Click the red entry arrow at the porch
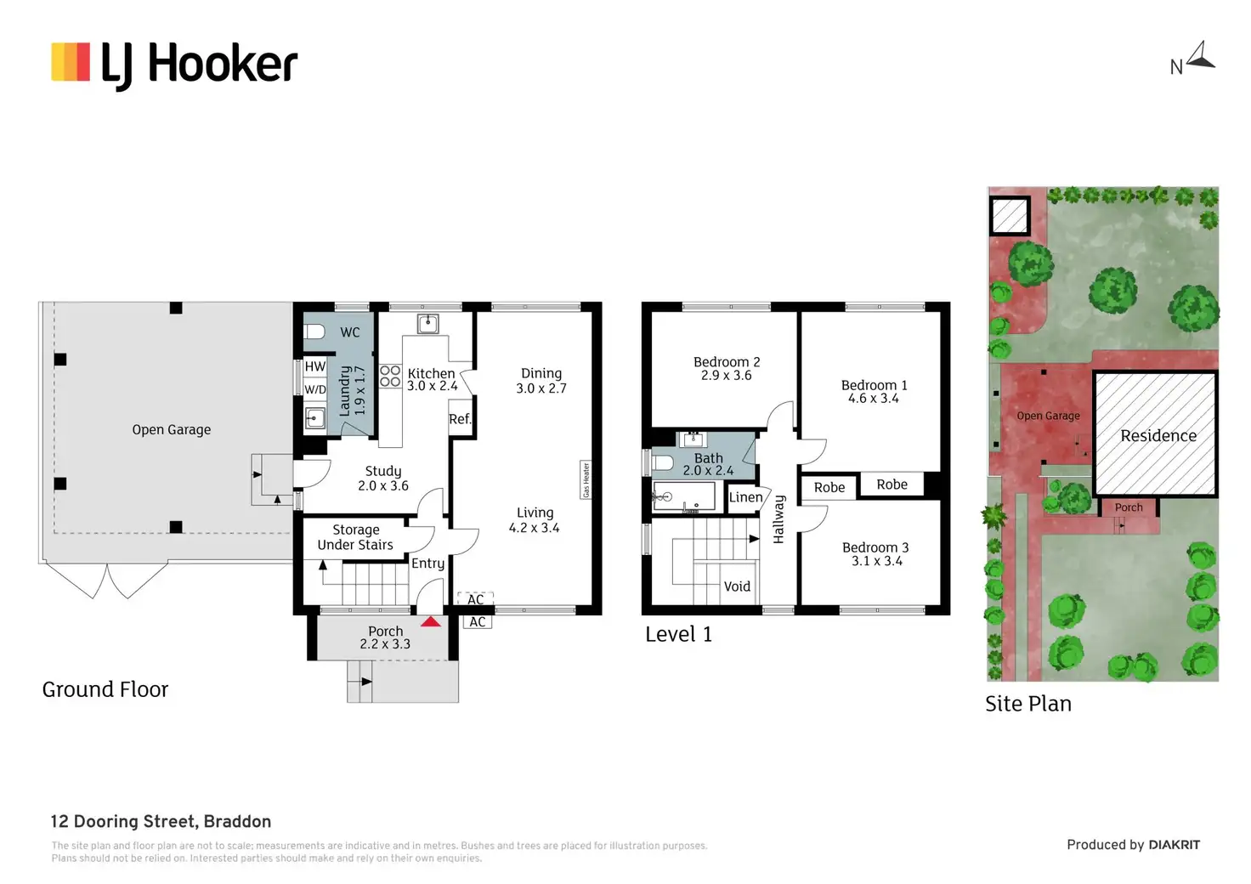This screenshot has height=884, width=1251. coord(431,622)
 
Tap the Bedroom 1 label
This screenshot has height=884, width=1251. coord(874,385)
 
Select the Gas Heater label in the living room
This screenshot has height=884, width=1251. coord(586,479)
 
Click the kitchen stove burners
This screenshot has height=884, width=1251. coord(390,376)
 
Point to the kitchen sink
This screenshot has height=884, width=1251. coord(427,324)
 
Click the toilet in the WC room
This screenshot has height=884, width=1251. coord(314,331)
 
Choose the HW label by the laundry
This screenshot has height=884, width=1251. coord(315,366)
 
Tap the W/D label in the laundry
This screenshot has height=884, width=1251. coord(315,389)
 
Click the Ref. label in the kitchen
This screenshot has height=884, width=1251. coord(460,419)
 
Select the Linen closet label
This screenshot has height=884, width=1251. coord(745,497)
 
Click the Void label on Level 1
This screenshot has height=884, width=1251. coord(737,586)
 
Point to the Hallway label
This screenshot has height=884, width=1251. coord(778,518)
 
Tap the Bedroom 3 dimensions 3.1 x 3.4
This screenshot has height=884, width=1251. coord(876,561)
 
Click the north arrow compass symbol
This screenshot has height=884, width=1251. coord(1200,57)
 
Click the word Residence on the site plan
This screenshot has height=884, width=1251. coord(1158,435)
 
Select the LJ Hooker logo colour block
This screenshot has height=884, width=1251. coord(71,62)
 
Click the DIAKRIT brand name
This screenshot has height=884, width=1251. coord(1174,845)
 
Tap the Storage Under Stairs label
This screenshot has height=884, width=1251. coord(355,537)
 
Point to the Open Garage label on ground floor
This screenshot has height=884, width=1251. coord(171,430)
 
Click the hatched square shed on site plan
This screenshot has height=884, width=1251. coord(1010,216)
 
